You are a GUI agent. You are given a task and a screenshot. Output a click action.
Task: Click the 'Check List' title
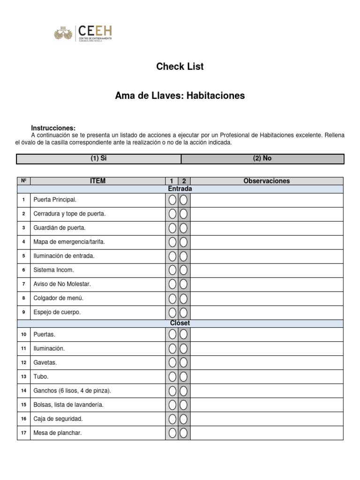click(x=180, y=67)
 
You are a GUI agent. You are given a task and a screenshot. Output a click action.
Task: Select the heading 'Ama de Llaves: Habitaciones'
click(x=180, y=96)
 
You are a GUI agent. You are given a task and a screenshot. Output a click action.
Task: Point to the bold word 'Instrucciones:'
click(x=53, y=128)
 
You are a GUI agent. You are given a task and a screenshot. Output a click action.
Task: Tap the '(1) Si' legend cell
click(x=98, y=158)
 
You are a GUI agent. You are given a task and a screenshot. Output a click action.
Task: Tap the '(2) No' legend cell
click(x=262, y=158)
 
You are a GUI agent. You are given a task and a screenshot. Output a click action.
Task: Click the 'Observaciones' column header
click(x=266, y=181)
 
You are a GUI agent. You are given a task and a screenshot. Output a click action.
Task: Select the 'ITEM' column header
click(x=97, y=181)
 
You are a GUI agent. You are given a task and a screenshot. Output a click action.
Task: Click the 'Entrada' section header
click(x=180, y=189)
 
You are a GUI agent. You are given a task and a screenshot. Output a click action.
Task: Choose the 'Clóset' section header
click(x=180, y=323)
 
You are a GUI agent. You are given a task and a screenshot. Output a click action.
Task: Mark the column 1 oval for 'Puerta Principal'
click(x=172, y=200)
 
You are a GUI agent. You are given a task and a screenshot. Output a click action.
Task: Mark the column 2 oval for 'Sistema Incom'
click(x=184, y=270)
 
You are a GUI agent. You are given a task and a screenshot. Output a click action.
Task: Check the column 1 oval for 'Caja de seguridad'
click(x=172, y=419)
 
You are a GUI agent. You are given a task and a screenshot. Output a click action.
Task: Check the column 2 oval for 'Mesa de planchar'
click(x=184, y=433)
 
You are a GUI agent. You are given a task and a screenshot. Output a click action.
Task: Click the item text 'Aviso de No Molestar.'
click(x=62, y=284)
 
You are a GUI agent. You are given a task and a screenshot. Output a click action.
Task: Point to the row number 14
click(x=23, y=391)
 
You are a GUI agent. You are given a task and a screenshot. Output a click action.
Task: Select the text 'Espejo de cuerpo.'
click(x=57, y=312)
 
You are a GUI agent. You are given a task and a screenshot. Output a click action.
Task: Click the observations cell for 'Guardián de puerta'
click(x=266, y=228)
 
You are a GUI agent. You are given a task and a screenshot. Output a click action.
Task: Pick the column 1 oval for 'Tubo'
click(x=172, y=377)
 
